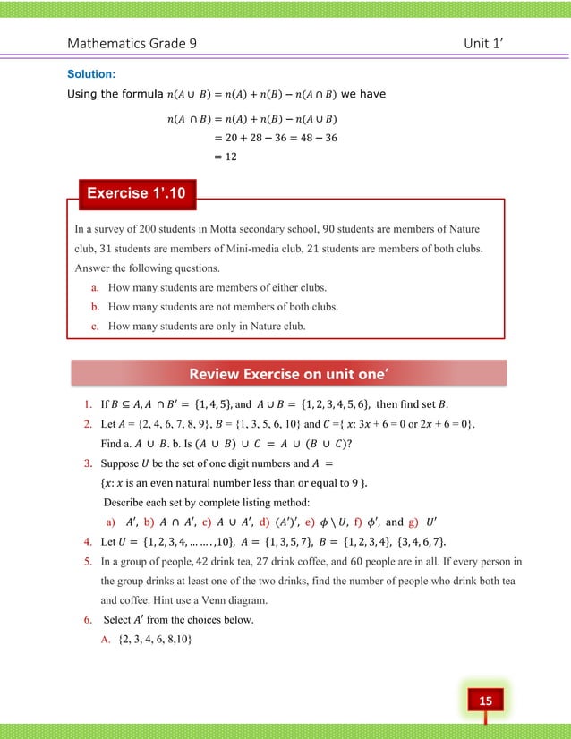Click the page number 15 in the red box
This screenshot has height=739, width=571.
(x=484, y=699)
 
